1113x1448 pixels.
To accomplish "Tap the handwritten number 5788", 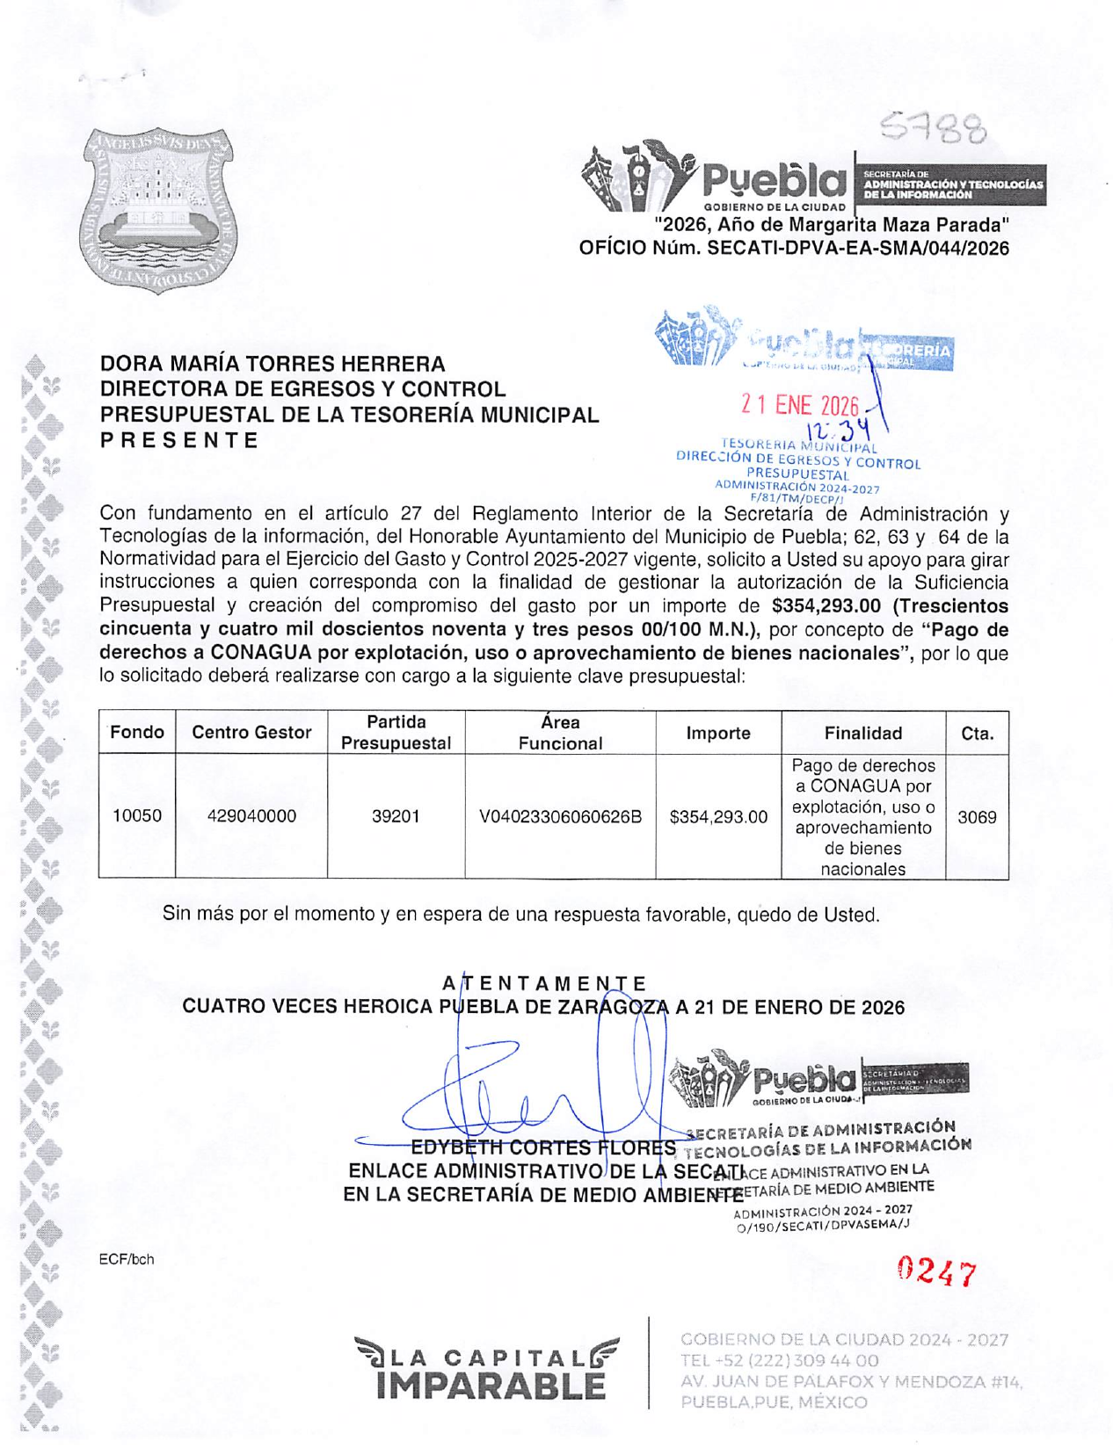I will [x=934, y=129].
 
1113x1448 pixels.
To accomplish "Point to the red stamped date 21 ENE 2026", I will [x=799, y=405].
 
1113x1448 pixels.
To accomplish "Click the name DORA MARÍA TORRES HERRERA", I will [x=273, y=364].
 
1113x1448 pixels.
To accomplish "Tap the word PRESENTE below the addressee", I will [x=179, y=440].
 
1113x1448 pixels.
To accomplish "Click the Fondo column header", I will [x=137, y=733].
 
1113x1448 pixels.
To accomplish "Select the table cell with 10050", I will [x=137, y=816].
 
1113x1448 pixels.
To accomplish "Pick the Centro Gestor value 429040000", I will [x=251, y=816].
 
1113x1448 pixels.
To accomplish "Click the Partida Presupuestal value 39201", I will [x=396, y=816].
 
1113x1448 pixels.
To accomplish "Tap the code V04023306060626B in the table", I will [x=560, y=817].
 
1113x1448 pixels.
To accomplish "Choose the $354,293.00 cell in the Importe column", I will [x=718, y=817].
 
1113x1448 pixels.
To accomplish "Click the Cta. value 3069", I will [x=977, y=817].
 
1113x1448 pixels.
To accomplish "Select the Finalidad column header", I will [x=862, y=733].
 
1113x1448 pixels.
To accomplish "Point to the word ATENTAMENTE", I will [x=544, y=983].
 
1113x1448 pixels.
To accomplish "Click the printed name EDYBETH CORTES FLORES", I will [x=544, y=1148].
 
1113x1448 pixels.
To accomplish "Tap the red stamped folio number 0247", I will [x=936, y=1271].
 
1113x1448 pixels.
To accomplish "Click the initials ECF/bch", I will [x=127, y=1259].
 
